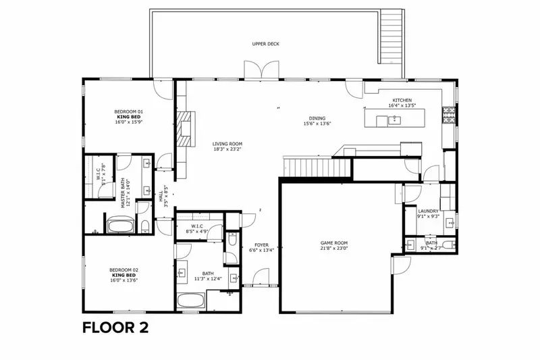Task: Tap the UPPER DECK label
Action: (265, 44)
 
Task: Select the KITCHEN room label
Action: (401, 100)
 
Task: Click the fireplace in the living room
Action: (184, 128)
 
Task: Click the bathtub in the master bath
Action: (121, 224)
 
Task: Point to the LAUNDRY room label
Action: (428, 211)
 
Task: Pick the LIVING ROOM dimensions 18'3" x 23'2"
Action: (227, 149)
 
